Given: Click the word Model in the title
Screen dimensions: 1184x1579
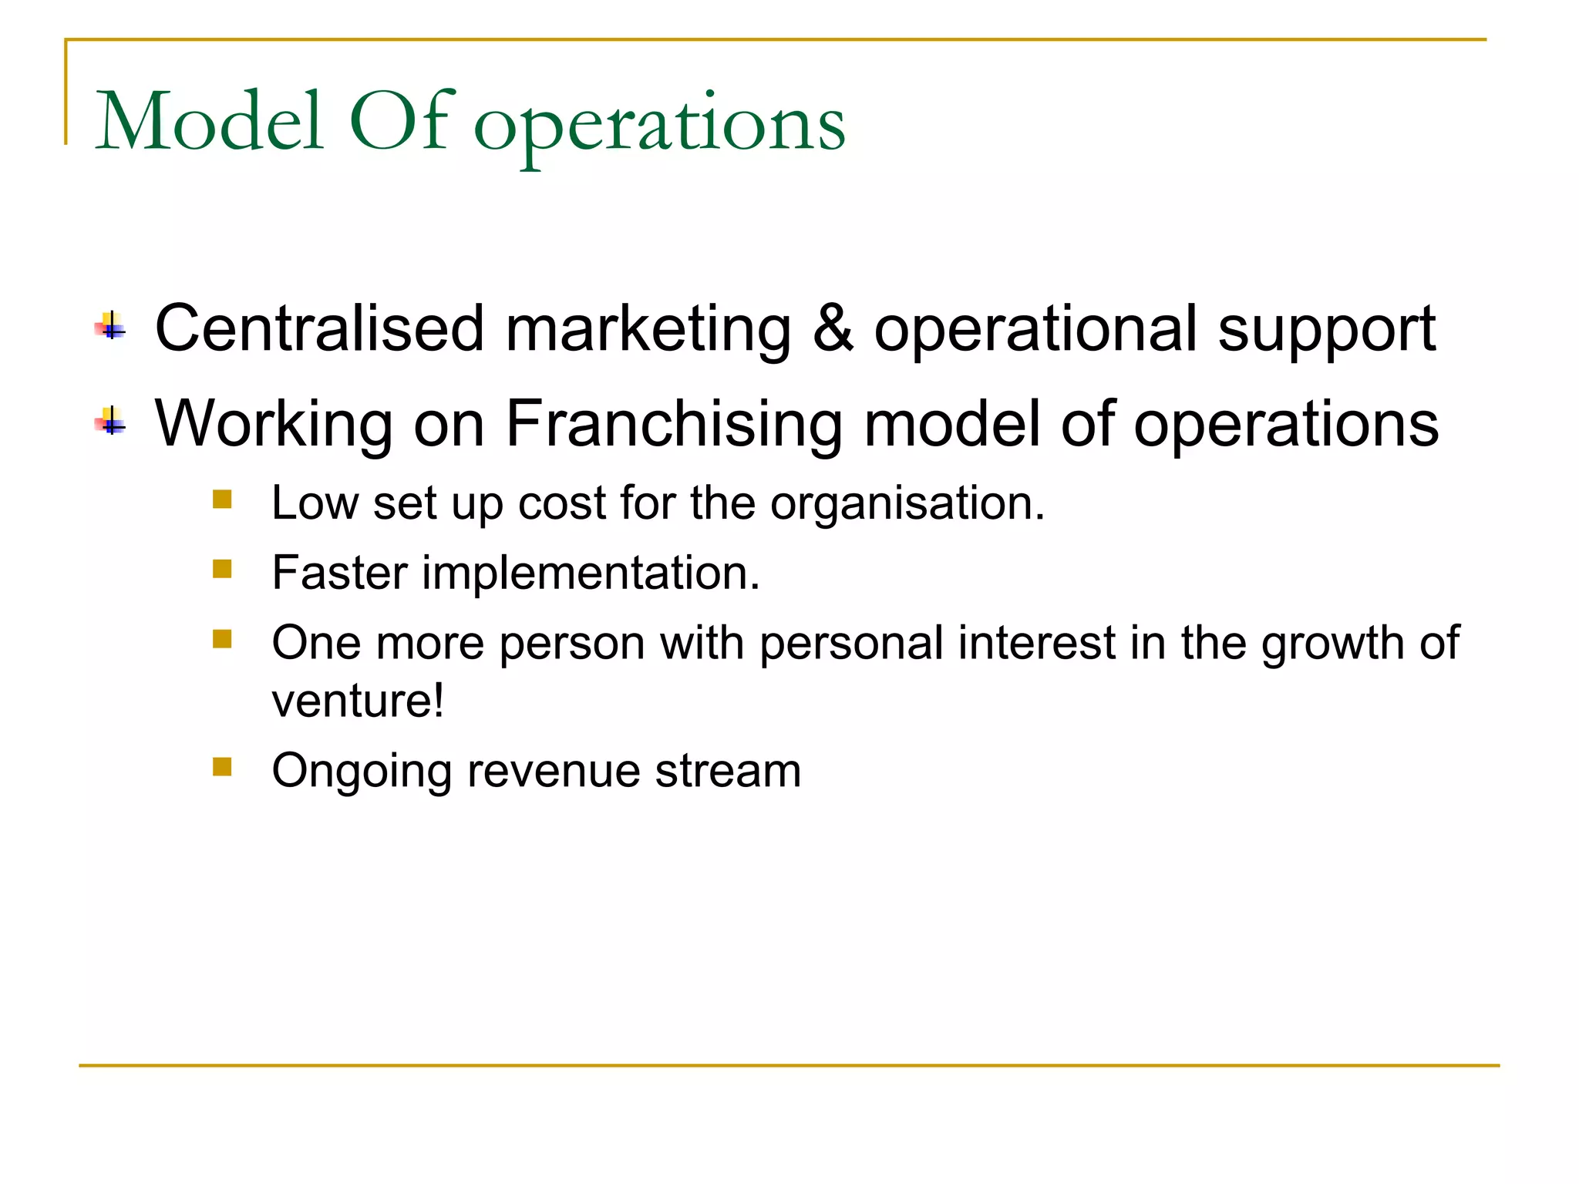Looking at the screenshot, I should point(208,122).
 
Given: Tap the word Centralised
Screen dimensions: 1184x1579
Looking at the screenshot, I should point(318,329).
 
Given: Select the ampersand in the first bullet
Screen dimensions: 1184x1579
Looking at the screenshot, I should point(833,329).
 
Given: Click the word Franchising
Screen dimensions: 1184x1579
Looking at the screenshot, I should point(674,424).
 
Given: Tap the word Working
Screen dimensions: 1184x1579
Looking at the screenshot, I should point(274,425).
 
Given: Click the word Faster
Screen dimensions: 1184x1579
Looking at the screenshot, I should point(339,573).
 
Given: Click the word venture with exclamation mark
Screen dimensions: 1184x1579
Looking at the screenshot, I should point(358,701).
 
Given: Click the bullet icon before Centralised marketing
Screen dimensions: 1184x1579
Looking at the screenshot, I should point(111,326).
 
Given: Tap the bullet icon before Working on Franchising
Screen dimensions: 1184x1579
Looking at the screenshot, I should point(111,422).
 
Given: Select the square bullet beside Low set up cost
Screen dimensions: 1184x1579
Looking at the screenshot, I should point(222,499).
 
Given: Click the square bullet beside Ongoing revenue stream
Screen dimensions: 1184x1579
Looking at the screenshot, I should point(222,766).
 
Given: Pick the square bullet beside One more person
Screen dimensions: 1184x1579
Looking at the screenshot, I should point(222,639).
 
